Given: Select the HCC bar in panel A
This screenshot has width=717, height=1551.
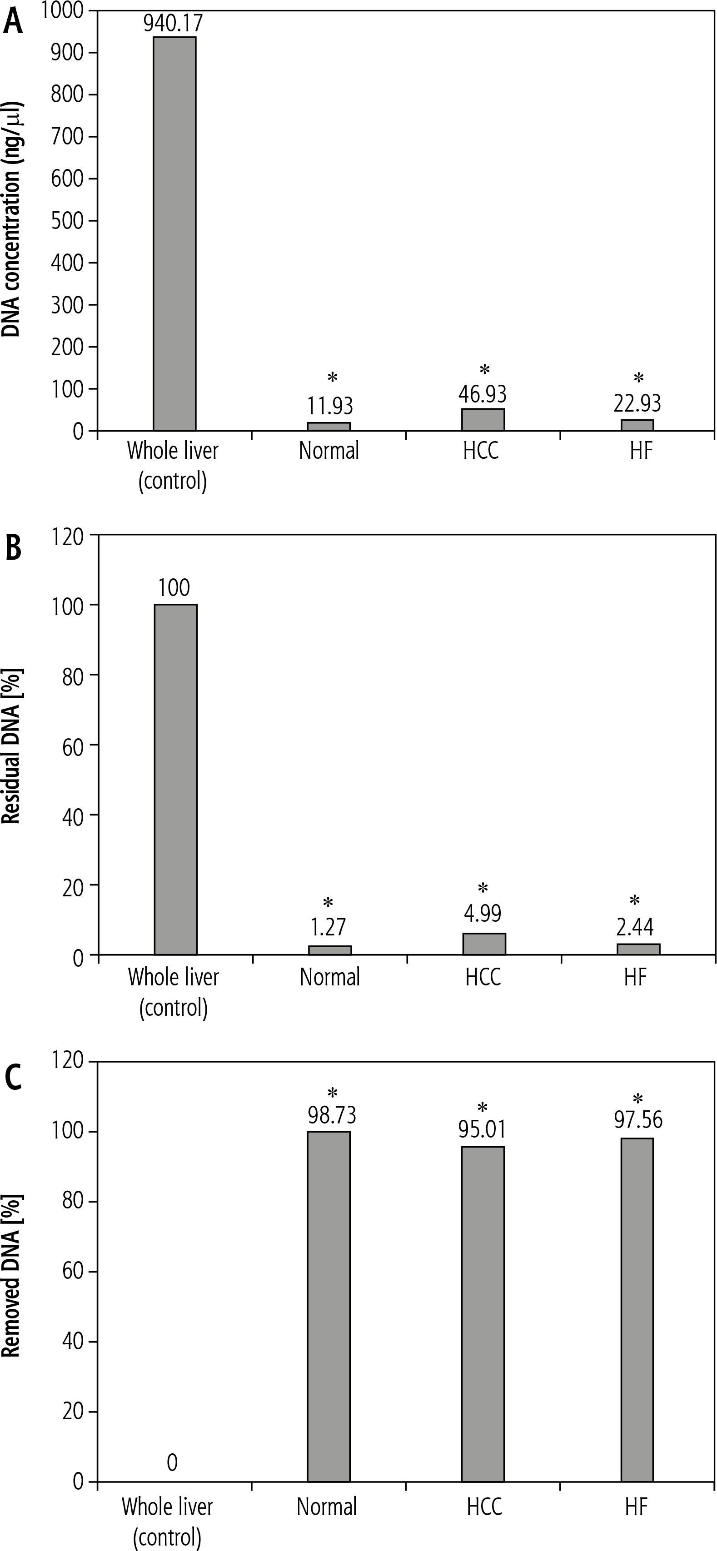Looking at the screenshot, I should point(483,420).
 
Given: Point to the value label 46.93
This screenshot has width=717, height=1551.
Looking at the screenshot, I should point(483,394).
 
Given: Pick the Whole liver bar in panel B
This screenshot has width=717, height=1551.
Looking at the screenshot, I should point(175,779).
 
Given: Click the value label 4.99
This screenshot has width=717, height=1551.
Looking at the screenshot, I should point(483,913).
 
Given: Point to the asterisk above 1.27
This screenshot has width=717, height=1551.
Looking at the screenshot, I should point(328,903).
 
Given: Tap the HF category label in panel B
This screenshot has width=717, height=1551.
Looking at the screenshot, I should point(635,977).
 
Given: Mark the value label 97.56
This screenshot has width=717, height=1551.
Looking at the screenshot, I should point(638,1120).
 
